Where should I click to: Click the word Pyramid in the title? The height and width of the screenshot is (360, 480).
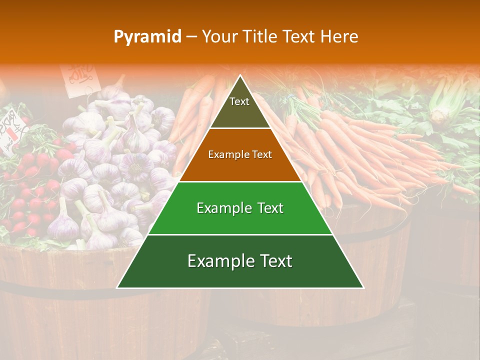(x=147, y=36)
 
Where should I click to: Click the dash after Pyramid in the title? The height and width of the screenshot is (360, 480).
(x=191, y=37)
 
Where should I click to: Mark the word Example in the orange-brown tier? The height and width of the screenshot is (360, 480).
(x=225, y=155)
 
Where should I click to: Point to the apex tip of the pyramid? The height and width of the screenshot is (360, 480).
(x=240, y=76)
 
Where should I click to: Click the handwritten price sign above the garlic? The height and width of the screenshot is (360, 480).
(x=78, y=77)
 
